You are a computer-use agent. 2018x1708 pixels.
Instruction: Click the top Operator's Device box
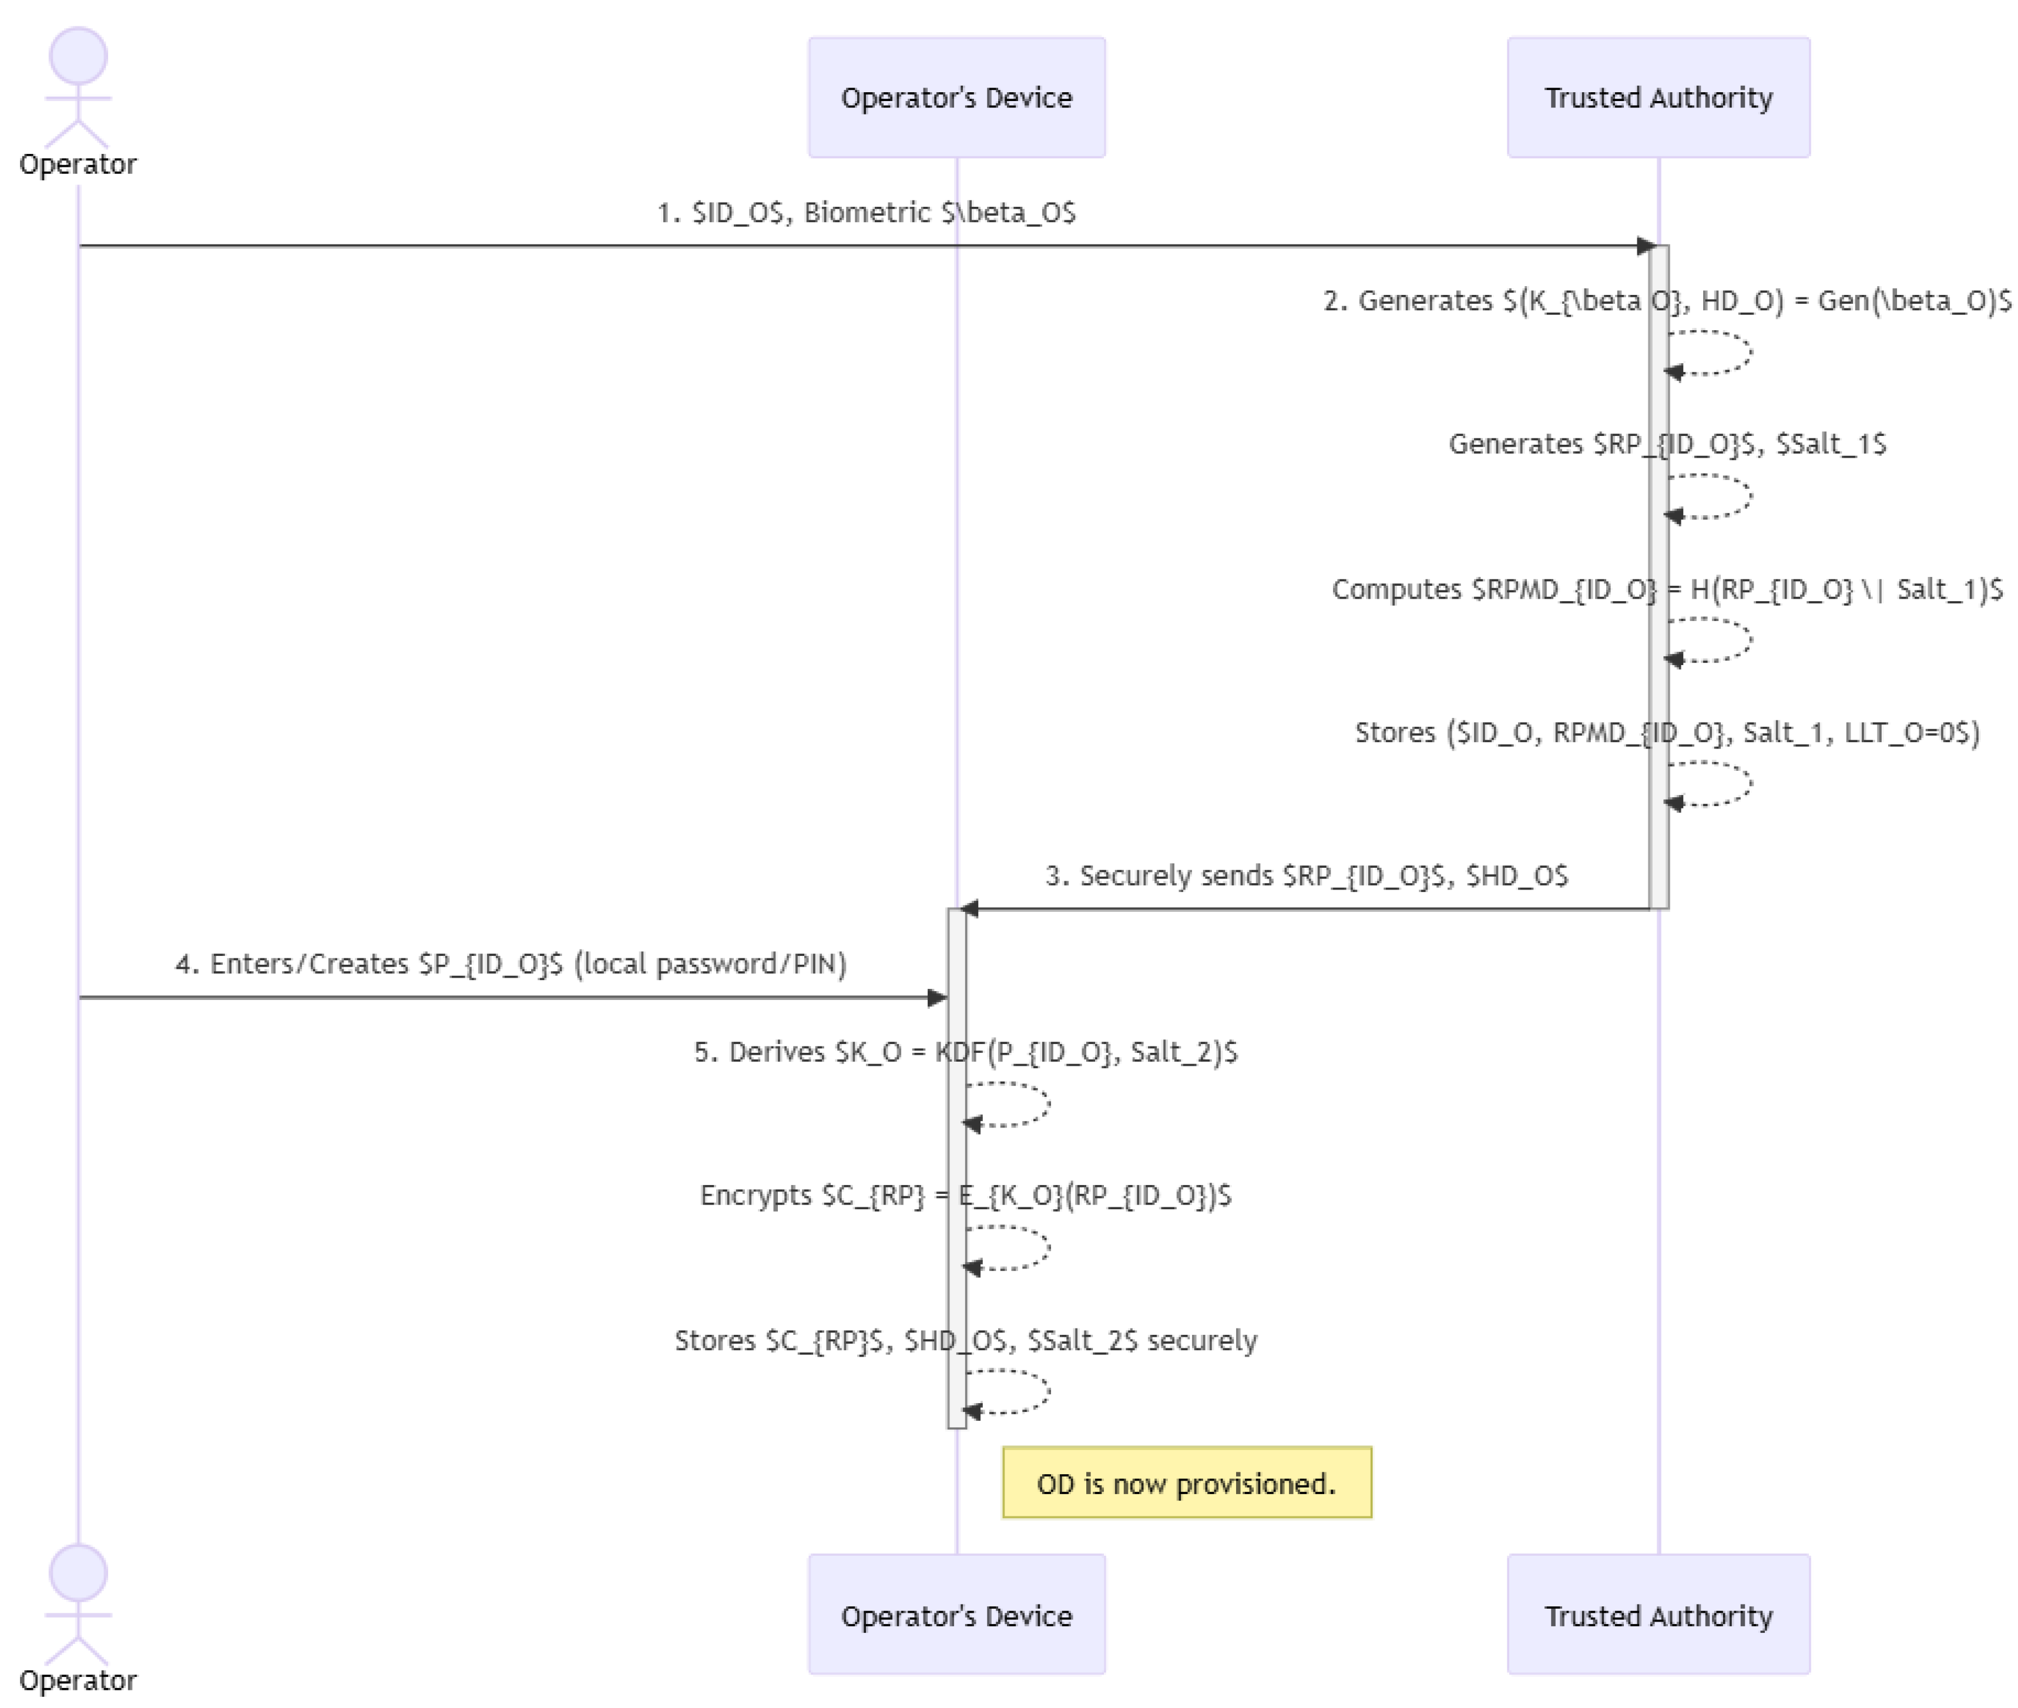tap(956, 97)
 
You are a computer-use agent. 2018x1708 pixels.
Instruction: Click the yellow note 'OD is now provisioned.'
tap(1186, 1482)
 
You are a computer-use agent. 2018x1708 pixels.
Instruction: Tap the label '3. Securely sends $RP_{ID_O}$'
tap(1305, 875)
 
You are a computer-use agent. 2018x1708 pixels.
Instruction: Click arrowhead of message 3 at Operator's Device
tap(968, 908)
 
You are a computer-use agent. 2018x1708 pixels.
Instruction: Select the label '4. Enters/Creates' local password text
tap(511, 964)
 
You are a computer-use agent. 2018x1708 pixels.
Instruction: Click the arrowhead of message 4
tap(936, 997)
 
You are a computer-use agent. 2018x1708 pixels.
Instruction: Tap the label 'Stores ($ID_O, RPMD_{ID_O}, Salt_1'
tap(1666, 732)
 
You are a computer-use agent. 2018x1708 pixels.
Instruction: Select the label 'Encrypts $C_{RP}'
tap(965, 1195)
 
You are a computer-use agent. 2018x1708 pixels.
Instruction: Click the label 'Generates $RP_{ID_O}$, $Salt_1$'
tap(1666, 444)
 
